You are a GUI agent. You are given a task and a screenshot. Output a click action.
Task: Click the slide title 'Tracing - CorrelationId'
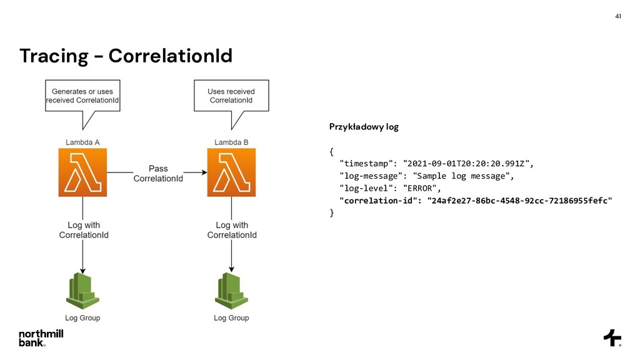[126, 56]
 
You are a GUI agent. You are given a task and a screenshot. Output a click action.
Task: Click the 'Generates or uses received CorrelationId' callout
[82, 96]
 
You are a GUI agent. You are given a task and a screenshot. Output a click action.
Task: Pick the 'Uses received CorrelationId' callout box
[231, 96]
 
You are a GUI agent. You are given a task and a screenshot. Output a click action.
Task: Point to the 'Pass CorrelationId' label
[158, 174]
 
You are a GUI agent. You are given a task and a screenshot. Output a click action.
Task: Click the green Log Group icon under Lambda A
[82, 291]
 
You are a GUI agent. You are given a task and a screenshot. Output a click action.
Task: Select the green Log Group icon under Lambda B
[231, 291]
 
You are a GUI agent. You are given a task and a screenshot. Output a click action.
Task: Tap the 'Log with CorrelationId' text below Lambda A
[84, 230]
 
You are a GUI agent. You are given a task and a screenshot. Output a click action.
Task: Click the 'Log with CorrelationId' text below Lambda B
[232, 230]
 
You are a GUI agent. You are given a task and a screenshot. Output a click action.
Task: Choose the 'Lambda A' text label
[82, 142]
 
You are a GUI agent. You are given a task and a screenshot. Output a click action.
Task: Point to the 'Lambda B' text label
[231, 142]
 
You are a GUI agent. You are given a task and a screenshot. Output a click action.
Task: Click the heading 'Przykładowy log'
[363, 127]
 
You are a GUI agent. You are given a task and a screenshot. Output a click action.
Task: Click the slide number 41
[618, 16]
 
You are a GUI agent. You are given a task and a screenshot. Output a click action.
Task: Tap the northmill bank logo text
[41, 338]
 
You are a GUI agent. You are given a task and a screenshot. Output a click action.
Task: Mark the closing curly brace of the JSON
[332, 213]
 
